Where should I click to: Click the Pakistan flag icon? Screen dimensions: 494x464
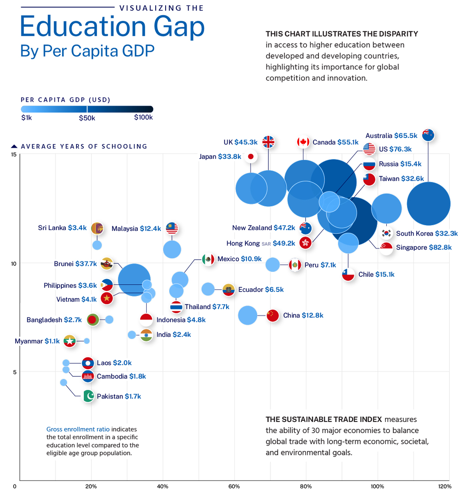coord(88,396)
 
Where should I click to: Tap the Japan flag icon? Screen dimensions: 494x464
coord(251,156)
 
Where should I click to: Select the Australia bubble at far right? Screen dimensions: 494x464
coord(429,203)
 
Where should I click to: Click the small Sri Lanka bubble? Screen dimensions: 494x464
coord(97,245)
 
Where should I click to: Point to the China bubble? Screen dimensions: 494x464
coord(247,315)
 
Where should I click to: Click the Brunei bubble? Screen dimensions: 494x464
coord(134,280)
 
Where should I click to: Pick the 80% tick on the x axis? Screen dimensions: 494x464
coord(306,487)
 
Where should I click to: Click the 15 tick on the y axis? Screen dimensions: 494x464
coord(14,154)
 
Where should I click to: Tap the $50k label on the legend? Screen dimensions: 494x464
coord(87,118)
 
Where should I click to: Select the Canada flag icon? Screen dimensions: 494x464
coord(303,142)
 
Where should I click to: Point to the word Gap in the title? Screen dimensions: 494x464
coord(179,27)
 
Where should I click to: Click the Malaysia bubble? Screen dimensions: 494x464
coord(172,249)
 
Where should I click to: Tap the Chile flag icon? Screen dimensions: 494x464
coord(348,275)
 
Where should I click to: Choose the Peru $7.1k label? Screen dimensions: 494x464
coord(320,265)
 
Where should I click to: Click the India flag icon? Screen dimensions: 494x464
coord(146,335)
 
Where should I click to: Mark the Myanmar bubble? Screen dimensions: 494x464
coord(87,341)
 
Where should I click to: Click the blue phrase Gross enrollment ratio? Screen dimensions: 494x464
coord(78,429)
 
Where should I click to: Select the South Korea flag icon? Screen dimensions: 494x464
coord(386,233)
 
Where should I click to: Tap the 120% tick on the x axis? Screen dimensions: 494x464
coord(445,487)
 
